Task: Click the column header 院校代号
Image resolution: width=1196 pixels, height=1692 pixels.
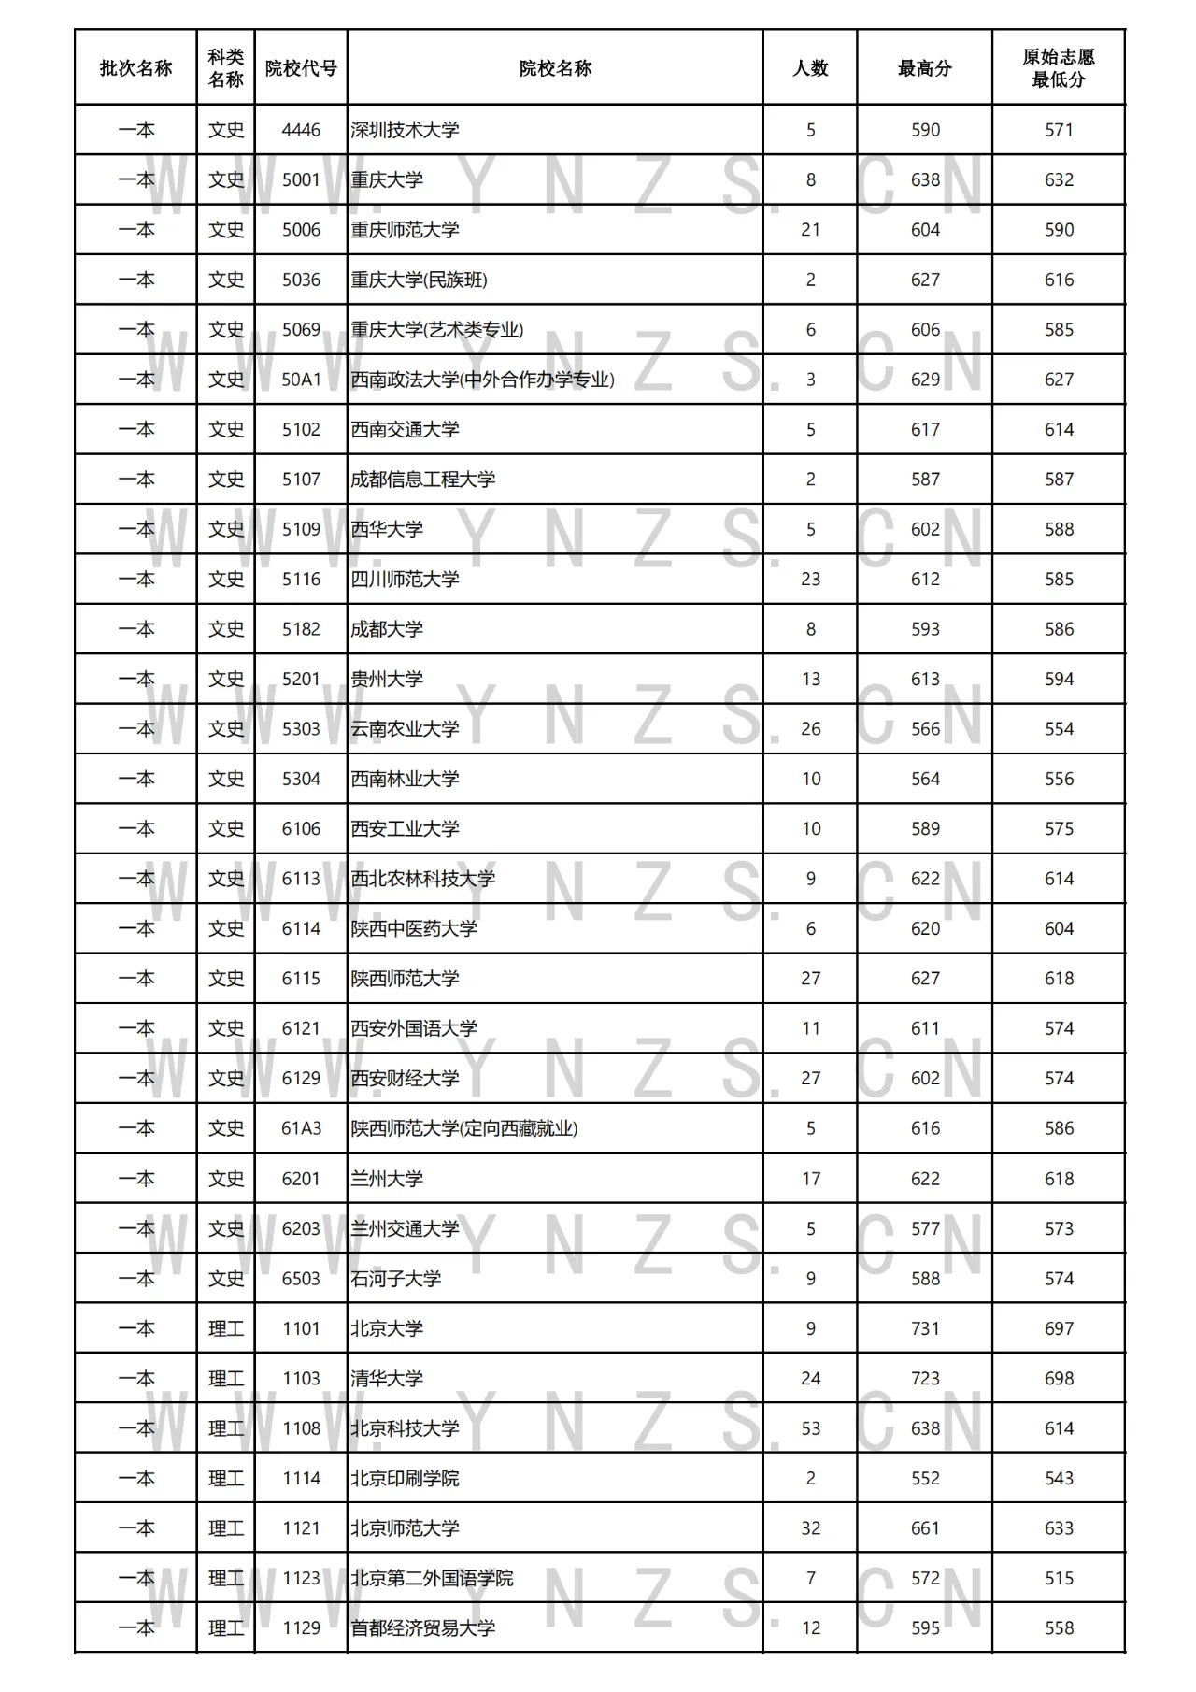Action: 301,68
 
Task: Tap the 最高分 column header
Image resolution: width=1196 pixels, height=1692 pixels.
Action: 924,68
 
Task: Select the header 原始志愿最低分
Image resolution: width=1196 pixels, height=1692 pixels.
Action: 1059,68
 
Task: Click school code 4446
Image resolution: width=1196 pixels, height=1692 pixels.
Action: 301,130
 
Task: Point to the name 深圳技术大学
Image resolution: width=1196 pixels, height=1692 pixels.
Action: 405,130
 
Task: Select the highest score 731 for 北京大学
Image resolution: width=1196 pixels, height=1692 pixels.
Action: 925,1328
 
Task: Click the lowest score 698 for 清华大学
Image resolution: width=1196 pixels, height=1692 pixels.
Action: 1059,1378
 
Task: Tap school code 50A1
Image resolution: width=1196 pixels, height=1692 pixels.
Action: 301,380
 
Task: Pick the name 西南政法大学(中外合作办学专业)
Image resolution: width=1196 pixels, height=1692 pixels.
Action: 482,380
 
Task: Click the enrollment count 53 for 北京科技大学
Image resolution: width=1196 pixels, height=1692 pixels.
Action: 810,1428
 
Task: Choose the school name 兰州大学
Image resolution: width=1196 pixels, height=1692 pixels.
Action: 387,1179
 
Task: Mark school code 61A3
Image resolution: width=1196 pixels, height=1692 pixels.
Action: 301,1128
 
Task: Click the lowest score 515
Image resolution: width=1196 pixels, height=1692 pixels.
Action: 1059,1578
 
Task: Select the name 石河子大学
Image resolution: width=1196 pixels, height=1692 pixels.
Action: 395,1278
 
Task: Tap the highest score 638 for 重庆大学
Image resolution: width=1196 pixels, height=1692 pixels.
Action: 925,179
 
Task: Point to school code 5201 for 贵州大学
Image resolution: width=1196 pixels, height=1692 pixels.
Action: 301,679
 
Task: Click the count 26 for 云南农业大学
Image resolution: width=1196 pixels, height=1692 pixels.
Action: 810,728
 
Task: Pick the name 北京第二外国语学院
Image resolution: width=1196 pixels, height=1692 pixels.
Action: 432,1578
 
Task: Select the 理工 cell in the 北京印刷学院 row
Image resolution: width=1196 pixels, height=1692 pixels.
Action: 226,1478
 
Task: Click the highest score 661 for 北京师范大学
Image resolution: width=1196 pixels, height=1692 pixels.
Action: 925,1528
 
